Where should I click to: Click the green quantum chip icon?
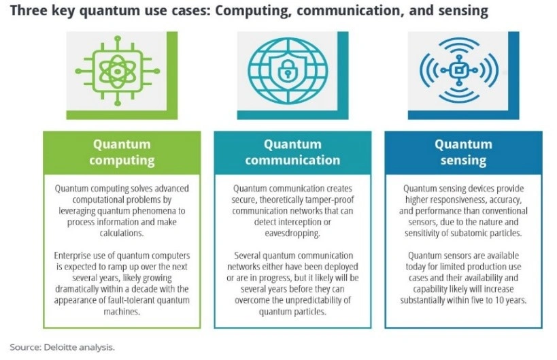click(x=117, y=71)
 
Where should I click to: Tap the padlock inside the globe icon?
click(x=288, y=71)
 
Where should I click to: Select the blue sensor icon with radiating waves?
click(x=459, y=70)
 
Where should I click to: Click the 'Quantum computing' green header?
click(x=122, y=152)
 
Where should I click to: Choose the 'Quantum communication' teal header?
click(x=292, y=152)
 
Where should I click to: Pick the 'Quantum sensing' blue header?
click(x=464, y=152)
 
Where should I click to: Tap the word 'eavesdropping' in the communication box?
click(x=292, y=233)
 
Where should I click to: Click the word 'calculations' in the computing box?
click(x=121, y=233)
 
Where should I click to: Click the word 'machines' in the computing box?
click(x=121, y=312)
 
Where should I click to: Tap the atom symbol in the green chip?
click(x=117, y=71)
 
